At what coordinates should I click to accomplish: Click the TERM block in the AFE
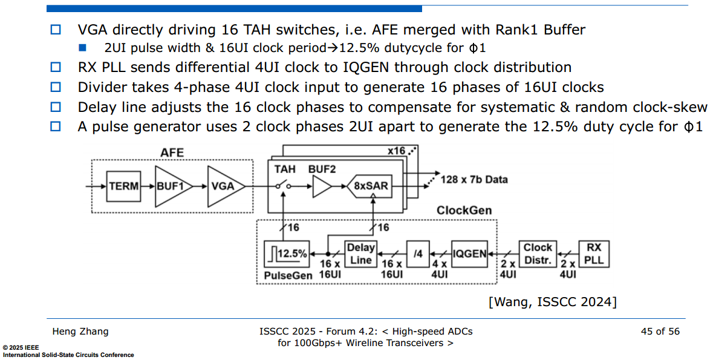(x=123, y=186)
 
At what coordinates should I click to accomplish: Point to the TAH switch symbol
(x=283, y=186)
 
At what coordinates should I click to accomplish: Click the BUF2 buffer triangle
(x=321, y=186)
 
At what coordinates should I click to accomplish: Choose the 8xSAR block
(x=370, y=186)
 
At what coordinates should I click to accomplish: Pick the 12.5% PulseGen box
(x=287, y=254)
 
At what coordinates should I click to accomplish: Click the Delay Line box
(x=360, y=254)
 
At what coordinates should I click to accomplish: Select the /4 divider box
(x=417, y=254)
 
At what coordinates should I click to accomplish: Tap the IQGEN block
(x=469, y=254)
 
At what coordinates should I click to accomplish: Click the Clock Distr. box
(x=538, y=254)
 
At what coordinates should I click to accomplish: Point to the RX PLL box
(x=594, y=254)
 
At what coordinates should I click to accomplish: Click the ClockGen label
(x=464, y=211)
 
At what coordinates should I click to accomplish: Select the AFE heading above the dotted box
(x=172, y=152)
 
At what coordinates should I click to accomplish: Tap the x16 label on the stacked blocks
(x=396, y=151)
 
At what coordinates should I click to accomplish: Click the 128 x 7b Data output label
(x=474, y=180)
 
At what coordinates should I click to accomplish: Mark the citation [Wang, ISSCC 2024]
(x=553, y=302)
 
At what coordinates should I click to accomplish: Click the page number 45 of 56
(x=660, y=332)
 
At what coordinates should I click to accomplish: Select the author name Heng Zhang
(x=80, y=332)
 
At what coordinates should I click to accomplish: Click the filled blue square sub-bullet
(x=83, y=48)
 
